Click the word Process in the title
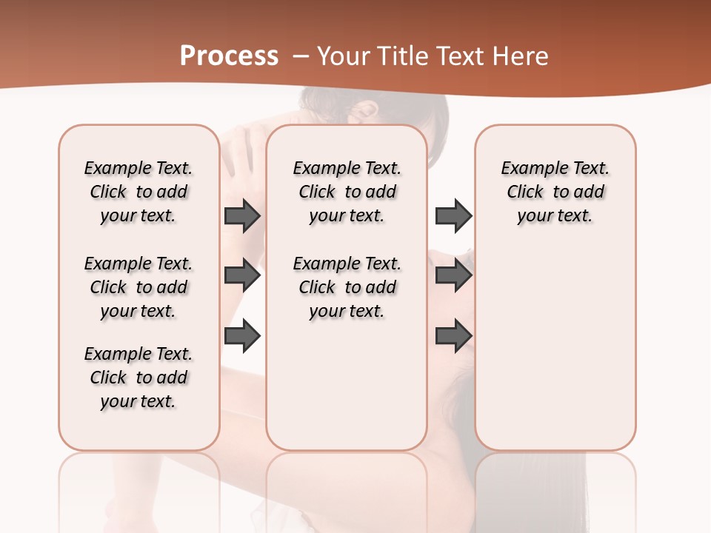point(229,56)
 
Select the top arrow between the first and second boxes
point(242,215)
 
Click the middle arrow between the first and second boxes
point(242,276)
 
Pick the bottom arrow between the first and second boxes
point(242,335)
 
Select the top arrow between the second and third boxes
point(453,215)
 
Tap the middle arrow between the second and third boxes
point(453,276)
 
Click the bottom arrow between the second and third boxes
point(453,335)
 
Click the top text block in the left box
point(138,192)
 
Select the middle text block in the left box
point(138,287)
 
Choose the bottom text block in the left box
point(138,378)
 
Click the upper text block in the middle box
point(347,192)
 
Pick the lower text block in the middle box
point(347,287)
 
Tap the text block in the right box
point(555,192)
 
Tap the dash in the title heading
point(301,56)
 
